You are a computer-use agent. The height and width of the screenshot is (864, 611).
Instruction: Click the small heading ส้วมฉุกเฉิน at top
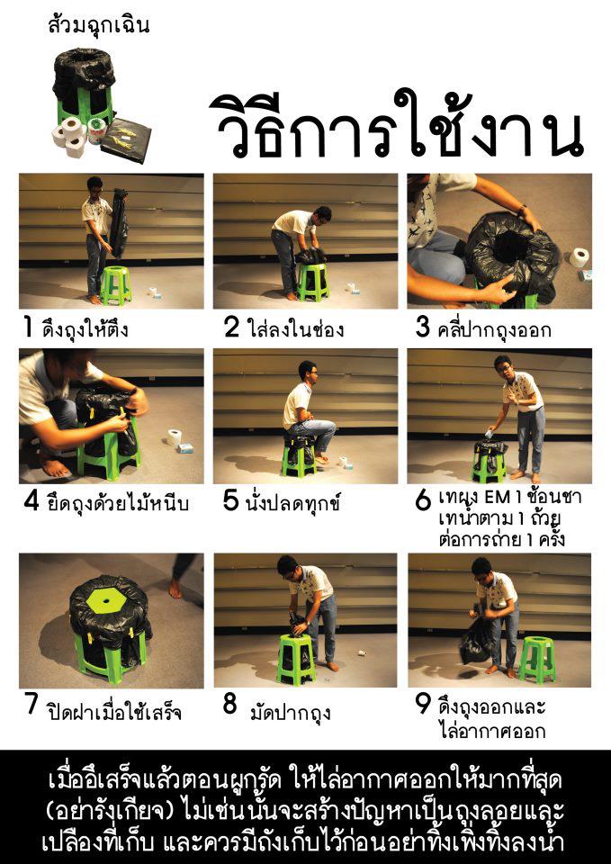pyautogui.click(x=98, y=25)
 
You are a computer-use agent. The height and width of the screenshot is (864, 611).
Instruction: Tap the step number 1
pyautogui.click(x=29, y=328)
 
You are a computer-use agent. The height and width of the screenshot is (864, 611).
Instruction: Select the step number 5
pyautogui.click(x=230, y=501)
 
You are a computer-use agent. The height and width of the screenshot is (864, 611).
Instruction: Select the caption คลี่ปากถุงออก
pyautogui.click(x=495, y=329)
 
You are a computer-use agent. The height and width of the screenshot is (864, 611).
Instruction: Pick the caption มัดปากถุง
pyautogui.click(x=290, y=714)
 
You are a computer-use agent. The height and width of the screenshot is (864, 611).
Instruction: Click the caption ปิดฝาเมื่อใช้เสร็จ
pyautogui.click(x=114, y=713)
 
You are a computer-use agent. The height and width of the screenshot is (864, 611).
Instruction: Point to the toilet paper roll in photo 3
pyautogui.click(x=579, y=258)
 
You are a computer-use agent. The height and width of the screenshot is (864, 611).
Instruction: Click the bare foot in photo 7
pyautogui.click(x=176, y=589)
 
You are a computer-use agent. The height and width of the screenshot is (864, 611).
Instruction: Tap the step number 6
pyautogui.click(x=423, y=501)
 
